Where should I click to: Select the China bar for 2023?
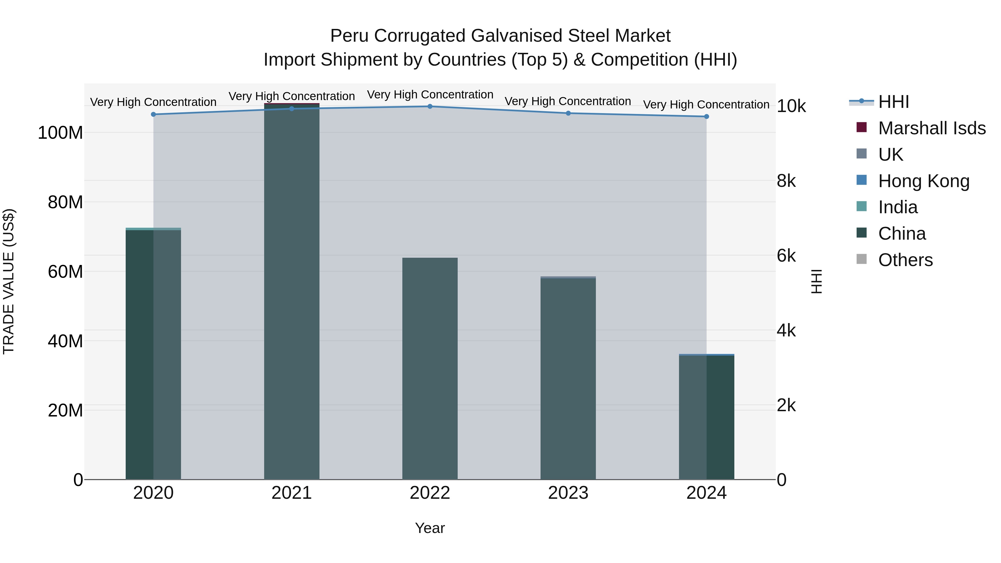click(x=568, y=379)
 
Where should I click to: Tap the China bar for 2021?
click(x=291, y=291)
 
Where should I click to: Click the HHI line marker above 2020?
click(x=153, y=114)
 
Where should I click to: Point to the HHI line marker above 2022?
click(x=430, y=106)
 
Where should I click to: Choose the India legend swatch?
click(x=861, y=206)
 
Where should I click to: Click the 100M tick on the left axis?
click(x=60, y=133)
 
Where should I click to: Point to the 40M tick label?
click(x=65, y=341)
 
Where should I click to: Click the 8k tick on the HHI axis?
click(x=786, y=181)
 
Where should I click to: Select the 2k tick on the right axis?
click(x=786, y=406)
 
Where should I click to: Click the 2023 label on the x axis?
click(x=568, y=493)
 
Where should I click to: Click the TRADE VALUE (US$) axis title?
click(x=9, y=281)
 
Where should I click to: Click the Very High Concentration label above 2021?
click(x=291, y=96)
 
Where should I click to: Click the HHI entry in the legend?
click(x=893, y=102)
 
